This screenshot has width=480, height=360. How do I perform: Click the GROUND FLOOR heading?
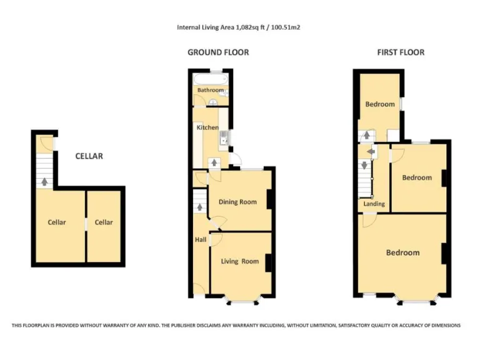click(x=218, y=52)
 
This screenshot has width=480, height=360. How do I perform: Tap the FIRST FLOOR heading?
click(x=401, y=52)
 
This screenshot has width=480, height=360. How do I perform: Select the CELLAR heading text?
click(x=89, y=156)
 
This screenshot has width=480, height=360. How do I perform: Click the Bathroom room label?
click(x=211, y=91)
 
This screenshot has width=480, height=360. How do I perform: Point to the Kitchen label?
click(x=207, y=128)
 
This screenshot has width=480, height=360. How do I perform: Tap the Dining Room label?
click(x=237, y=202)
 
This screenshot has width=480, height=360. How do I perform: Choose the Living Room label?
click(x=240, y=261)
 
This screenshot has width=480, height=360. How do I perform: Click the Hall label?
click(x=200, y=240)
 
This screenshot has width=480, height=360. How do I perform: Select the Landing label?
click(x=374, y=204)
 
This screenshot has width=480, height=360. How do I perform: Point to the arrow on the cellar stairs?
click(x=44, y=182)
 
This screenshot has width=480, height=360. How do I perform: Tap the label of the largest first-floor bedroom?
click(x=402, y=252)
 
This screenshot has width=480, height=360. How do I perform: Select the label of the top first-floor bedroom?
click(x=380, y=104)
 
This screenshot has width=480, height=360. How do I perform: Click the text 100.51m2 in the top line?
click(x=287, y=27)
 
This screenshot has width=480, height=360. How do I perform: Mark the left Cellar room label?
click(x=57, y=222)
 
